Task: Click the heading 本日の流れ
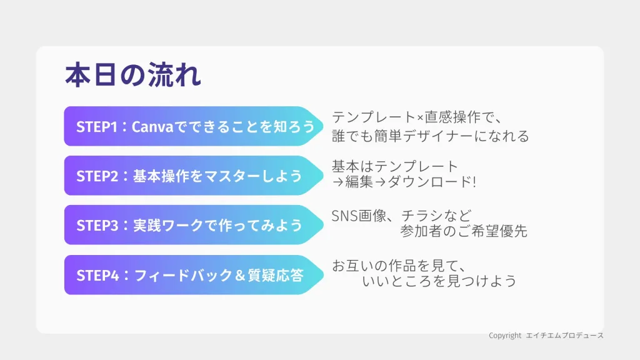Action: click(x=133, y=75)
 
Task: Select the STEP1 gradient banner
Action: click(x=194, y=126)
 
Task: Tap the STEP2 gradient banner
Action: click(x=194, y=176)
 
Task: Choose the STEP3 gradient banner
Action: click(x=194, y=225)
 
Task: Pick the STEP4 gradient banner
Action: click(x=194, y=275)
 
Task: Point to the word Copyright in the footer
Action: click(x=505, y=336)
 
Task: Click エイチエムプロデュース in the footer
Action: click(x=564, y=336)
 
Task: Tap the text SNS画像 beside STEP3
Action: click(x=359, y=216)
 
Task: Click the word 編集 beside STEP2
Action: click(x=359, y=182)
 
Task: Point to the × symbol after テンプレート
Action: click(x=421, y=118)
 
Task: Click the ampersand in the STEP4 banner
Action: click(x=240, y=276)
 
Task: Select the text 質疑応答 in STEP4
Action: click(x=276, y=276)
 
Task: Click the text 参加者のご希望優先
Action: click(x=464, y=231)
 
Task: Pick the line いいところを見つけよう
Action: click(x=439, y=281)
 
